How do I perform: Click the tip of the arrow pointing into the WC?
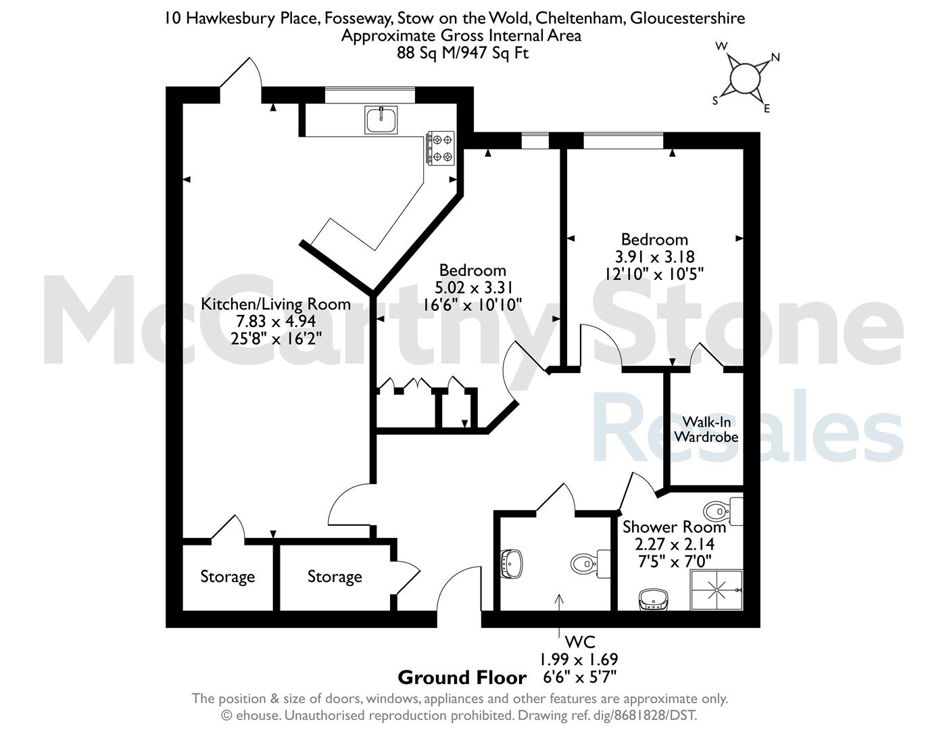click(559, 594)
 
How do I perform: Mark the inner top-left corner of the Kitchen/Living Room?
click(183, 104)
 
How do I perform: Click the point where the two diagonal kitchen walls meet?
click(372, 291)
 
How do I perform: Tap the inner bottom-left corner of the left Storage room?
click(183, 610)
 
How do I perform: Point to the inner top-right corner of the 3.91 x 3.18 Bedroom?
click(743, 149)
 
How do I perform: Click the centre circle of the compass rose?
click(745, 78)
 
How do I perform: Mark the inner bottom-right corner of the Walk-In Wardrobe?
click(743, 485)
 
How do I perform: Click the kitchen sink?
click(381, 120)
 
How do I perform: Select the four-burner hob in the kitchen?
click(441, 148)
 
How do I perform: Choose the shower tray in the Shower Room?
click(717, 590)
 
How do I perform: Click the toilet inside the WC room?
click(590, 564)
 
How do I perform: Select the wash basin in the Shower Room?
click(653, 600)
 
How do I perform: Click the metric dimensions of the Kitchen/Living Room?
click(276, 321)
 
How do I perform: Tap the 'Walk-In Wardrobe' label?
click(706, 429)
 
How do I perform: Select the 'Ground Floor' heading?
click(462, 678)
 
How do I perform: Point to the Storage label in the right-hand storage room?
click(335, 577)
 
